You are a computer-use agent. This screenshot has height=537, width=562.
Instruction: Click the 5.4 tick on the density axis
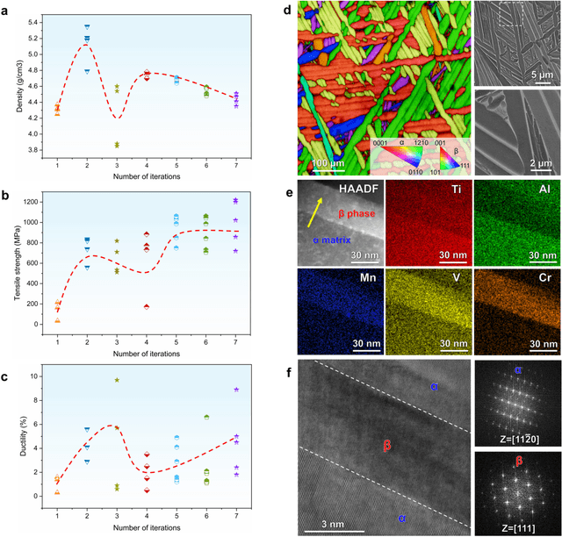pos(34,21)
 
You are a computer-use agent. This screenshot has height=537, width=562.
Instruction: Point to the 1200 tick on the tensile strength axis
pos(32,203)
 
